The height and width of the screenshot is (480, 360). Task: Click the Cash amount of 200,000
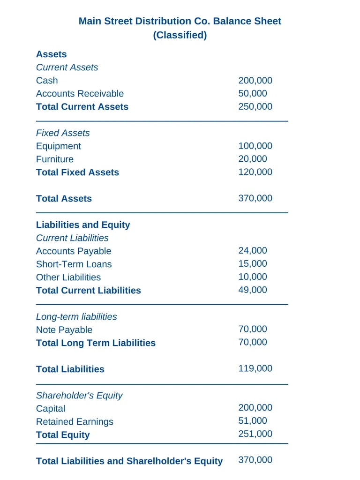point(255,80)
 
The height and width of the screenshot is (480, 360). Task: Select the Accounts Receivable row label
point(80,93)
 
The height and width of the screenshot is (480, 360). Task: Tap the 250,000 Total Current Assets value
point(255,106)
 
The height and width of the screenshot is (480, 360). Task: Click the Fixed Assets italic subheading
point(63,133)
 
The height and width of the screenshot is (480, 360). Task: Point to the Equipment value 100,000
point(255,146)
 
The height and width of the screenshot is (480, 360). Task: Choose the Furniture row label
point(54,159)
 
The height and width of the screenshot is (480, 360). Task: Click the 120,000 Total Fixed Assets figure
point(255,172)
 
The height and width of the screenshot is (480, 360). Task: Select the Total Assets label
point(64,198)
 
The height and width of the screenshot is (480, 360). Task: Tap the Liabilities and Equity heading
point(83,225)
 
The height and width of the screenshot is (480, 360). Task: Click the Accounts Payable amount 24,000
point(253,251)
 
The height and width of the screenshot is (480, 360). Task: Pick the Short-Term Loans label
point(74,264)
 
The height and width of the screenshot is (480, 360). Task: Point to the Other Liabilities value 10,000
point(253,277)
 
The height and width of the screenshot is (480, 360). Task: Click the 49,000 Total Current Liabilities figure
point(253,290)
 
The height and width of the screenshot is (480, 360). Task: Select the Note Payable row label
point(64,330)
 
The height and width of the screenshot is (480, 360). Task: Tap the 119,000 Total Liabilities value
point(255,368)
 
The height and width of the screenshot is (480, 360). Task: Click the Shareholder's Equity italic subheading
point(79,395)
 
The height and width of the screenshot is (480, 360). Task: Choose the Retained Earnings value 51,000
point(253,421)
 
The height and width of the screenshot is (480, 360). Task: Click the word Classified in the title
point(180,35)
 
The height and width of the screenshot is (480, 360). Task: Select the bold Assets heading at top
point(51,54)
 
